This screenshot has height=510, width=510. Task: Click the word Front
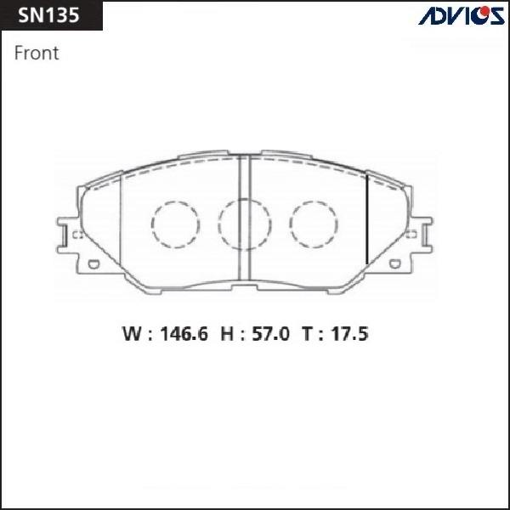[x=37, y=53]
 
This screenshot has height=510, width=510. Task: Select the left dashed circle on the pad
[x=174, y=224]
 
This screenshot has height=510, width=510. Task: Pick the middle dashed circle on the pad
[x=243, y=224]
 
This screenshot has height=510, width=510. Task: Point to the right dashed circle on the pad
[x=314, y=224]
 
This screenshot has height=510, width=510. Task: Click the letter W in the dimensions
[x=132, y=334]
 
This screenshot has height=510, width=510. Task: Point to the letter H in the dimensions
[x=227, y=334]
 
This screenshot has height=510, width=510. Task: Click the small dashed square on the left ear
[x=76, y=235]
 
